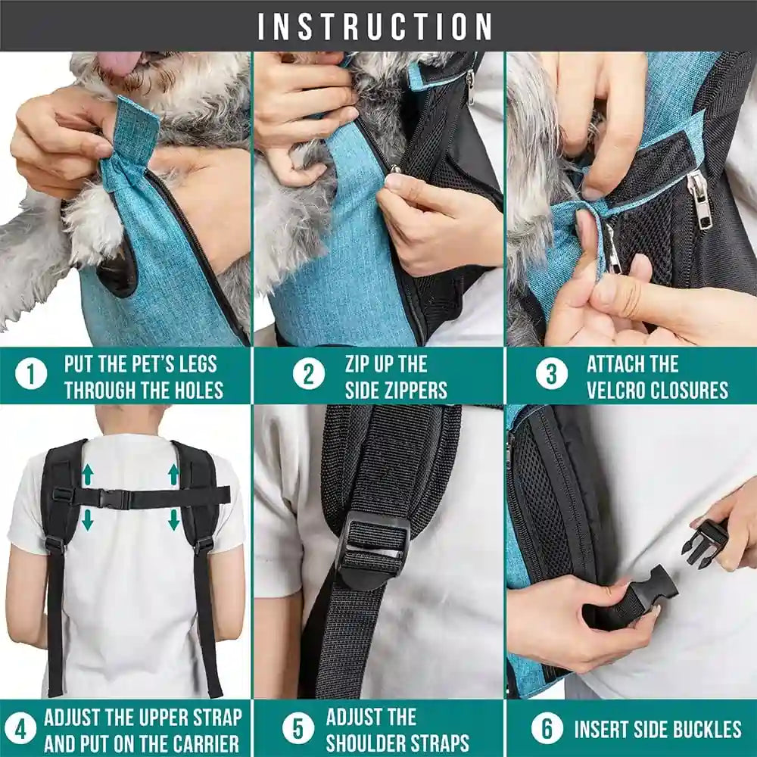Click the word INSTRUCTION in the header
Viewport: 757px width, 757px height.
[375, 27]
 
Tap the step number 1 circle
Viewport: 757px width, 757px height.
[31, 375]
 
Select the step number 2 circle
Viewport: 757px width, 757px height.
[308, 375]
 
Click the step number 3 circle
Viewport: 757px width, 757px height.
[552, 375]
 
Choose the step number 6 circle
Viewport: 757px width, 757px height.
[547, 729]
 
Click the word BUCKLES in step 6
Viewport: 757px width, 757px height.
[700, 730]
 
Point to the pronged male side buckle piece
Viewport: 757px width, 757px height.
[705, 543]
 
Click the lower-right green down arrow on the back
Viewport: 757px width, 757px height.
[174, 519]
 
